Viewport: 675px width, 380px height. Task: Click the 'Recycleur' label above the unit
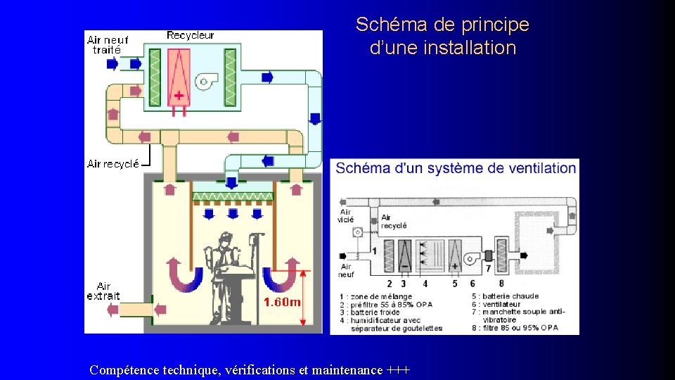(191, 35)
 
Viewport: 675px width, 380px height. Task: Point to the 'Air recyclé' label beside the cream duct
(113, 164)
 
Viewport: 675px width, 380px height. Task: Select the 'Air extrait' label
(103, 291)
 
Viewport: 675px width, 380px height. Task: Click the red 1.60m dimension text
(282, 302)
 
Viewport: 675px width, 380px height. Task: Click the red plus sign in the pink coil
(179, 95)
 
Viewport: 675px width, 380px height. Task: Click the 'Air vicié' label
(345, 216)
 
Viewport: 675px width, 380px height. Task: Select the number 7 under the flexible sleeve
(488, 268)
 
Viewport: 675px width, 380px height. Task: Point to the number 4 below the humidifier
(425, 284)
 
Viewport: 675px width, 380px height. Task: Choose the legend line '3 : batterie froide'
(370, 312)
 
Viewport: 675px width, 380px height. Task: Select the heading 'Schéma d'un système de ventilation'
(456, 168)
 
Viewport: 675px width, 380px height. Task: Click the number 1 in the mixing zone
(373, 251)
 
